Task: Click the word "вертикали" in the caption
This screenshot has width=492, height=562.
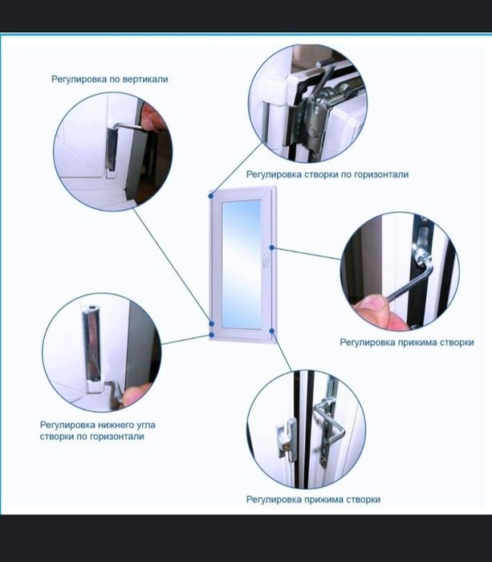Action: coord(145,79)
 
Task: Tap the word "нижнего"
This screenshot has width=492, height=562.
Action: coord(116,425)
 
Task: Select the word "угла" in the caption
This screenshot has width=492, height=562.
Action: coord(146,426)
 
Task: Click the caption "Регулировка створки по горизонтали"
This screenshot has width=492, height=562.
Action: coord(327,174)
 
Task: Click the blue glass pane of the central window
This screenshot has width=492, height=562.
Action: coord(241,264)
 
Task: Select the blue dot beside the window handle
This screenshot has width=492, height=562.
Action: coord(272,247)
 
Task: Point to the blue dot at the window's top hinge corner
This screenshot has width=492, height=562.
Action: coord(211,196)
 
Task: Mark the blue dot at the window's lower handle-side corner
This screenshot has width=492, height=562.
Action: coord(272,331)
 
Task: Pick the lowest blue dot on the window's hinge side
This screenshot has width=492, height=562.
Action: coord(211,335)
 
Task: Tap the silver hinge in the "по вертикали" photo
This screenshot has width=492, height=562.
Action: coord(112,149)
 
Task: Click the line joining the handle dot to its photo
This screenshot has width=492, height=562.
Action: coord(307,253)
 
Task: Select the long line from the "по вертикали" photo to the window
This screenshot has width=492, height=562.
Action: coord(173,266)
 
